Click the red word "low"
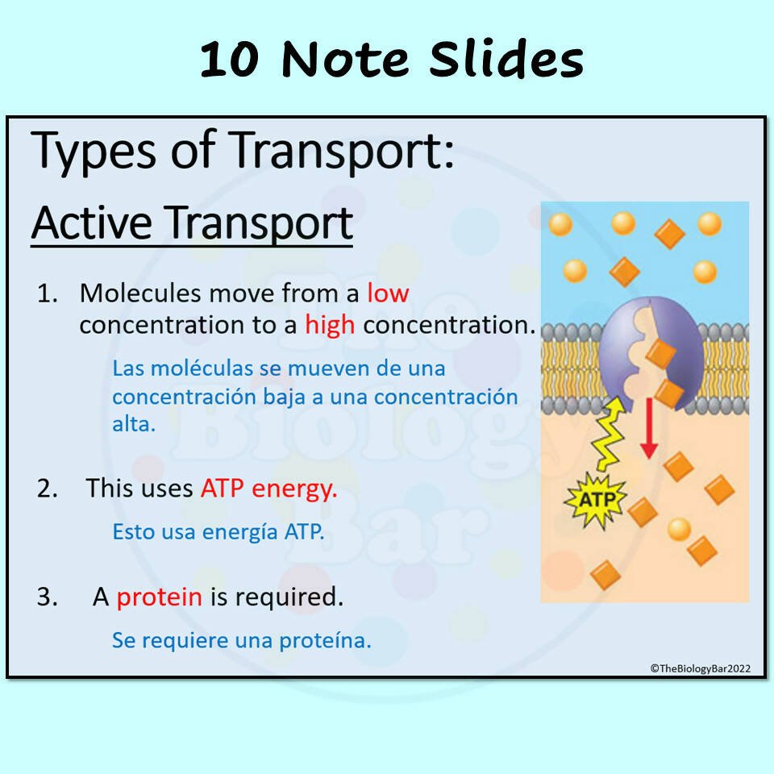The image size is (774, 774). click(388, 293)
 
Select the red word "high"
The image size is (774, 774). click(330, 326)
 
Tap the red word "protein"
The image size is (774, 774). click(160, 597)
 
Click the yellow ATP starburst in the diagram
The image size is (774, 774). click(596, 500)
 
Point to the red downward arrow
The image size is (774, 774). click(648, 427)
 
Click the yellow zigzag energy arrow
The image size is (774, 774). click(610, 434)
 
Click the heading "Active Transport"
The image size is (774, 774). click(192, 223)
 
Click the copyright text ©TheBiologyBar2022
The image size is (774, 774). click(701, 668)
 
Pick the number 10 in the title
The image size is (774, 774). click(229, 60)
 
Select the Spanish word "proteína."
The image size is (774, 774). click(325, 641)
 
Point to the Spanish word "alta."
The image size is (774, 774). click(134, 425)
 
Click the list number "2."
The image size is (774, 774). click(48, 489)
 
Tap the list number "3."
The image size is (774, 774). click(48, 597)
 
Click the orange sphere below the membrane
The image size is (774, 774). click(679, 529)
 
